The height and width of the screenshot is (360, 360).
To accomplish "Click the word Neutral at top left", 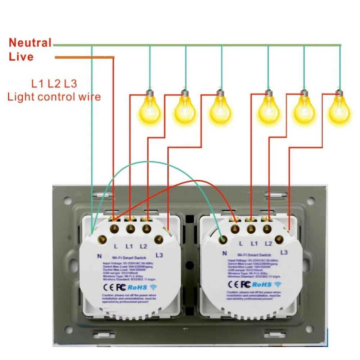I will coord(30,43).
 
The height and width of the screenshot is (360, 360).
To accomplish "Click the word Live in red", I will coord(21,57).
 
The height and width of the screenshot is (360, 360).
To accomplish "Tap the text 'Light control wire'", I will coord(54,96).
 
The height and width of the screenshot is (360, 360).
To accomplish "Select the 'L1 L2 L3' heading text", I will coord(54,84).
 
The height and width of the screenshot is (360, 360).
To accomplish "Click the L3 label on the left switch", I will coord(159,255).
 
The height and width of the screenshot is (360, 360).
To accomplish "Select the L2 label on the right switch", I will coord(268,244).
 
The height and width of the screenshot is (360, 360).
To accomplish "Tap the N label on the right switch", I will coord(224,253).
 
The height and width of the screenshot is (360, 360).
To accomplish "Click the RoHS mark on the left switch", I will coord(137,287).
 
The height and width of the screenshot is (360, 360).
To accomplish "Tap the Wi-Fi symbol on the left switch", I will coord(154,287).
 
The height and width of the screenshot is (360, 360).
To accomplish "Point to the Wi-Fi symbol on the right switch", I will coord(278,284).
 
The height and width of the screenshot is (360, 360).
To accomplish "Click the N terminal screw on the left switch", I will coord(102,238).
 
